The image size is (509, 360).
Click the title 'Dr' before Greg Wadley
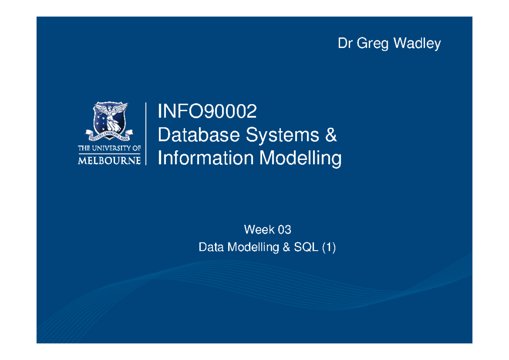[x=345, y=43]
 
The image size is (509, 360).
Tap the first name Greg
[x=372, y=43]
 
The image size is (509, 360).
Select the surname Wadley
[x=417, y=43]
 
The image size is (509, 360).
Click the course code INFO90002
[x=207, y=112]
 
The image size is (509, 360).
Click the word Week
[x=256, y=230]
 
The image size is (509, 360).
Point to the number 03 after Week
[x=284, y=230]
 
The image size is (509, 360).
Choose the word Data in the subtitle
[x=211, y=247]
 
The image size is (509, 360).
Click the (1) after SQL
[x=328, y=247]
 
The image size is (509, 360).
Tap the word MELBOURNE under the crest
[x=109, y=160]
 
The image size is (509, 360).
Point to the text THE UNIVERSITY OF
[x=109, y=149]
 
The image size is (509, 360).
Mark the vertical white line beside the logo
[x=146, y=133]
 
